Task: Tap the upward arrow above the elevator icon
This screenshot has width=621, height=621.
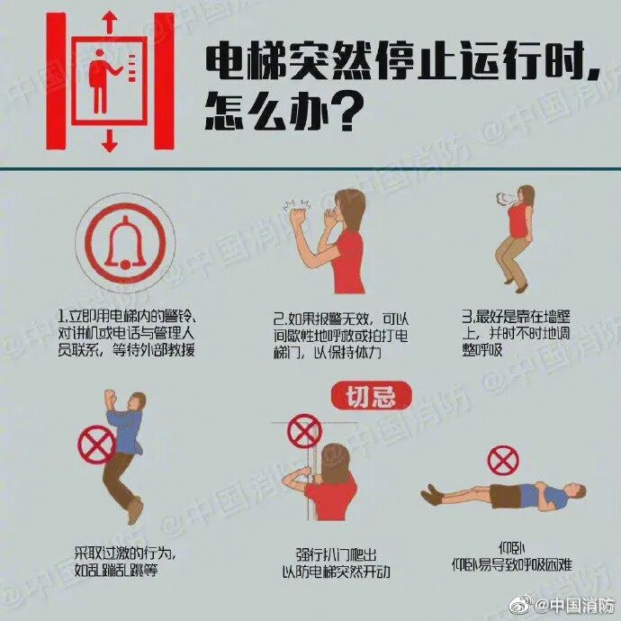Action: tap(110, 21)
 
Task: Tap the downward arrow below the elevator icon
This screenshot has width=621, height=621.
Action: tap(110, 139)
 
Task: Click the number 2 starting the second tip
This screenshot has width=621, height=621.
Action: tap(277, 319)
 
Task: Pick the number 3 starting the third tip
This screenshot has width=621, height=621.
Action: tap(466, 317)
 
